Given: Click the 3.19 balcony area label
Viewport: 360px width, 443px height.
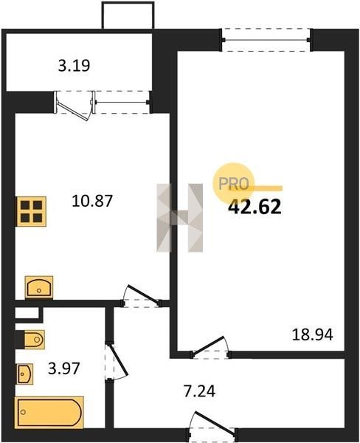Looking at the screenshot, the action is click(x=74, y=66).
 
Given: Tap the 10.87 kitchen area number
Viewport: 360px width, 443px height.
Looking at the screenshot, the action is click(x=92, y=201).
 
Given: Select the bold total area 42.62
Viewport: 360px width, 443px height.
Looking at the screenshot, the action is click(x=255, y=207).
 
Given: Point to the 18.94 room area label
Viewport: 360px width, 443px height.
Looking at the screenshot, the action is click(x=313, y=334).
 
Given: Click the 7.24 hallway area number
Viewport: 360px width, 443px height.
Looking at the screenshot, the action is click(x=200, y=391).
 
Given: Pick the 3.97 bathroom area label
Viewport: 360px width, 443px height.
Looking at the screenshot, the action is click(x=64, y=368).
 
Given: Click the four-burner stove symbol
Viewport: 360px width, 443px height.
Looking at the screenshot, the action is click(x=31, y=211).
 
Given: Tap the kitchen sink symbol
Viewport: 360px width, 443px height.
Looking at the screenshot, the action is click(x=39, y=287).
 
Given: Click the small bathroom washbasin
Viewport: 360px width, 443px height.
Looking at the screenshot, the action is click(x=24, y=374).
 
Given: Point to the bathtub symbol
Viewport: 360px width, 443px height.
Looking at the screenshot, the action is click(x=49, y=413).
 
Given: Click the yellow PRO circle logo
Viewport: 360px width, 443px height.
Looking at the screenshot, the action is click(x=234, y=183).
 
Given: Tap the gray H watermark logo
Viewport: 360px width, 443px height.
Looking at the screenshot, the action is click(x=180, y=218).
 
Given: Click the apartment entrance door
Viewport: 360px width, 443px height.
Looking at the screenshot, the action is click(x=212, y=426).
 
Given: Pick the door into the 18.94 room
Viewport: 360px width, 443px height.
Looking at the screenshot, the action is click(x=210, y=348).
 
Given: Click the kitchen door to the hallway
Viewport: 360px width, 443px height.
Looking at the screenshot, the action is click(x=141, y=296).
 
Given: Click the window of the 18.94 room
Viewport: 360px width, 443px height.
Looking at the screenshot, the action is click(x=266, y=40).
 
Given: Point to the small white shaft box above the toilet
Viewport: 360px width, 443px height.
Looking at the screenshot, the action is click(x=27, y=313).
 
